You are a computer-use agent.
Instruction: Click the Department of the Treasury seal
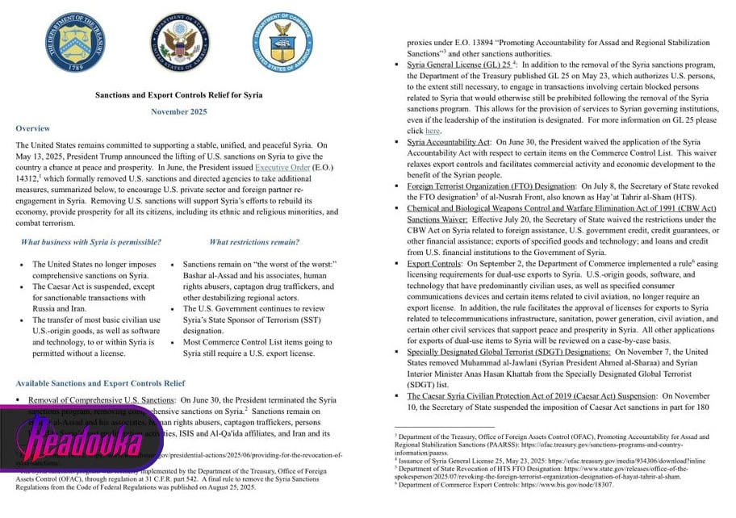[75, 40]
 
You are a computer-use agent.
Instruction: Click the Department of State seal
[179, 40]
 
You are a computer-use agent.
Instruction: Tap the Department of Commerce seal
[282, 40]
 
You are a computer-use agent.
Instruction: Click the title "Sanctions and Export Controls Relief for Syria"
[178, 95]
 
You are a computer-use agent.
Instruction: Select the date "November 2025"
[178, 112]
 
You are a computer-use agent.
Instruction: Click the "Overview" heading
[32, 129]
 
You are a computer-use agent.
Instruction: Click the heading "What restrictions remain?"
[254, 242]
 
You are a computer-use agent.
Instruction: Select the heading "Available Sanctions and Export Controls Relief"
[100, 382]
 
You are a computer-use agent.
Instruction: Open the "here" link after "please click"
[433, 130]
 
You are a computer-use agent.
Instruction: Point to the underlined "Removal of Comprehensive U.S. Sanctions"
[101, 399]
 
